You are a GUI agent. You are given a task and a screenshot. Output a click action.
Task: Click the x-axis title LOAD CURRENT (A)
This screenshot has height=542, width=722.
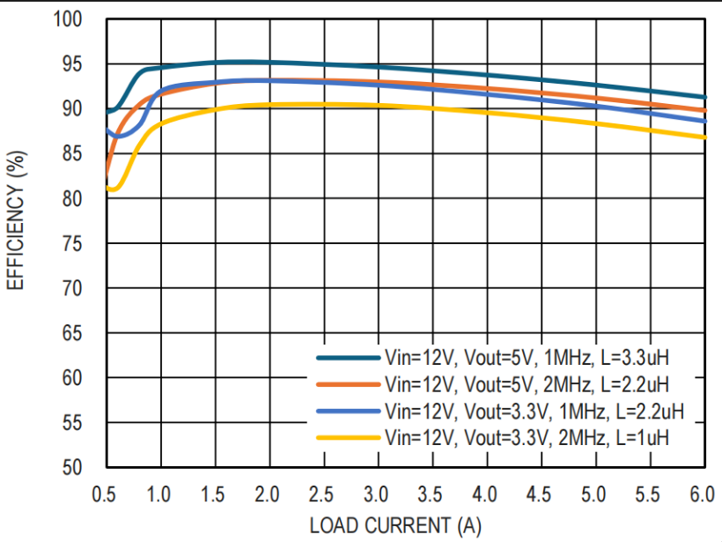395,526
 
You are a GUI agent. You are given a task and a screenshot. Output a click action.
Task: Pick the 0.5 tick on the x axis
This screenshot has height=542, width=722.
105,494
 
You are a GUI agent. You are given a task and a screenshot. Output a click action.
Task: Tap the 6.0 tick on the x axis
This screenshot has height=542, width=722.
702,494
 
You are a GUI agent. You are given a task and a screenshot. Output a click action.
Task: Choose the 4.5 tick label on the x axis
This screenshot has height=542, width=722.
539,494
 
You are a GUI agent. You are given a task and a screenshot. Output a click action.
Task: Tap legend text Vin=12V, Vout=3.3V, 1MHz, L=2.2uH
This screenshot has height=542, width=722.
534,411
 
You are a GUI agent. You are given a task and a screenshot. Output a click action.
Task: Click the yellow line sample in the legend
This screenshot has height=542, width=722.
349,437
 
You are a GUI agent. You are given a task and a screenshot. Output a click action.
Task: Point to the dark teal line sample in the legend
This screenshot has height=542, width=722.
349,358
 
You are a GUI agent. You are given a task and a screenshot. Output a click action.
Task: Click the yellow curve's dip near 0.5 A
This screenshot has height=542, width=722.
113,189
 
